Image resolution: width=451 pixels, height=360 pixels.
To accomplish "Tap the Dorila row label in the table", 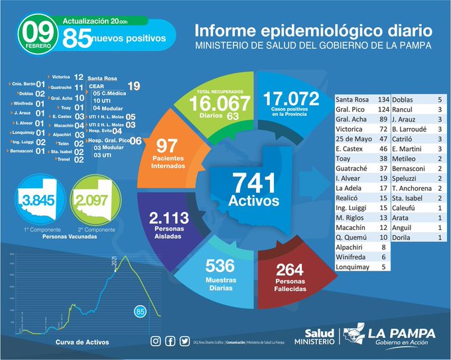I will point(405,237).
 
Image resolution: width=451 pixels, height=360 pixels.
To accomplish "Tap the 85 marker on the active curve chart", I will point(140,310).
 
